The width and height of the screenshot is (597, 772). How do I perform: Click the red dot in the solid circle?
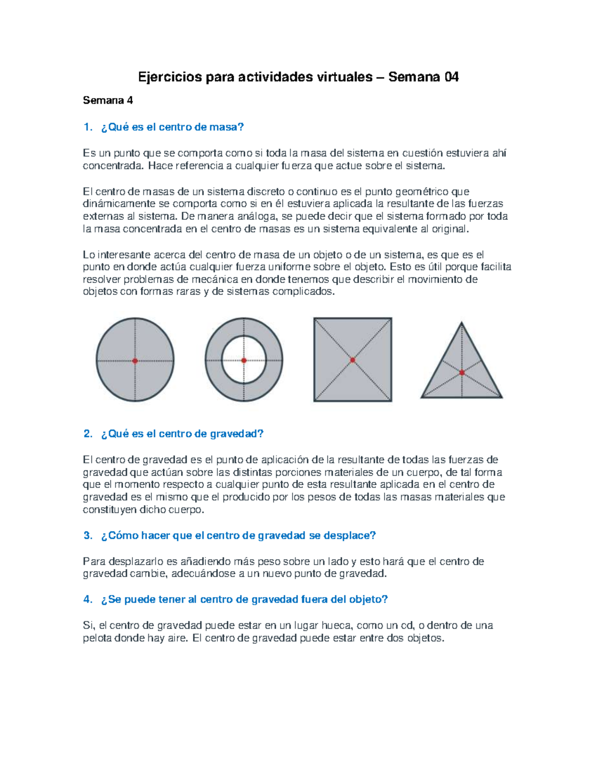pyautogui.click(x=135, y=361)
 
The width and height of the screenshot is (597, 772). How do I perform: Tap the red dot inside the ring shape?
pyautogui.click(x=244, y=360)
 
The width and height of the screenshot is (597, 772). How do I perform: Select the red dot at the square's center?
pyautogui.click(x=353, y=360)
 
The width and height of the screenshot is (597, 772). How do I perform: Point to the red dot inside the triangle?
pyautogui.click(x=462, y=372)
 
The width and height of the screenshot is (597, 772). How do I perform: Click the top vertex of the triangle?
pyautogui.click(x=462, y=323)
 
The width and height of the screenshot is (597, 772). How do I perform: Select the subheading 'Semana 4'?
pyautogui.click(x=107, y=100)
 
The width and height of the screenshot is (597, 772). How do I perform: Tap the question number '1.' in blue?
pyautogui.click(x=88, y=127)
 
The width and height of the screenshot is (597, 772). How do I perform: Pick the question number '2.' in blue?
pyautogui.click(x=88, y=434)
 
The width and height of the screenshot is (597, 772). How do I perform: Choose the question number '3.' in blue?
pyautogui.click(x=88, y=535)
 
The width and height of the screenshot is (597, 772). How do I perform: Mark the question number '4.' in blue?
pyautogui.click(x=88, y=600)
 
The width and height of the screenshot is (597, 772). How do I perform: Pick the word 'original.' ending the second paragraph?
pyautogui.click(x=450, y=229)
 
